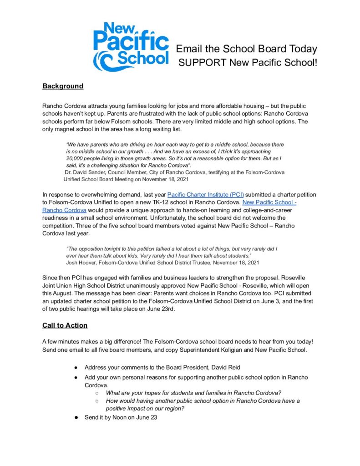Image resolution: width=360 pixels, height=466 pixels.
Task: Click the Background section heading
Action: click(63, 86)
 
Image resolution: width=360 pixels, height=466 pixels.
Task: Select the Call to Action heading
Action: click(65, 325)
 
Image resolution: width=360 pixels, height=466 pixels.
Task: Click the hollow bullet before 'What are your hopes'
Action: click(97, 393)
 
